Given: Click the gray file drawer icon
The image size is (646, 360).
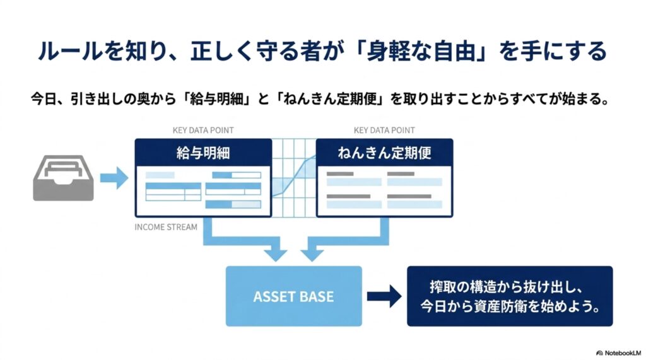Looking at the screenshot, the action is tap(63, 178).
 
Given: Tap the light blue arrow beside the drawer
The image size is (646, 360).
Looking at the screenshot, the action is tap(114, 178).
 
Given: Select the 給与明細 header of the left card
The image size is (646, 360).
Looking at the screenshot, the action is tap(203, 153).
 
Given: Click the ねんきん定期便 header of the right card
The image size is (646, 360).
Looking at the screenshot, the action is tap(384, 153).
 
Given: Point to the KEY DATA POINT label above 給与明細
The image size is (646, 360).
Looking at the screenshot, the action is tap(203, 130).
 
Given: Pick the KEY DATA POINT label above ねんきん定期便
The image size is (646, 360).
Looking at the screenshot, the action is tap(384, 130).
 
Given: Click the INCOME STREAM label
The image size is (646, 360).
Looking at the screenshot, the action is tap(166, 227).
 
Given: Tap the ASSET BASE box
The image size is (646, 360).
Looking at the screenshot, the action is tap(294, 296).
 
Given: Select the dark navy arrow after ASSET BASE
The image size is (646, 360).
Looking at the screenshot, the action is tap(384, 296).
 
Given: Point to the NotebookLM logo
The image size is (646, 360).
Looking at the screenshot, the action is tap(618, 353).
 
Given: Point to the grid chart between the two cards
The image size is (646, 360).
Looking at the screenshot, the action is tap(294, 178).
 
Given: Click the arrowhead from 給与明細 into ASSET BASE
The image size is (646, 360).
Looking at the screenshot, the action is tap(275, 254).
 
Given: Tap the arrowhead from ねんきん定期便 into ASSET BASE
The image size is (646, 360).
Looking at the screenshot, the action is tap(312, 254).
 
